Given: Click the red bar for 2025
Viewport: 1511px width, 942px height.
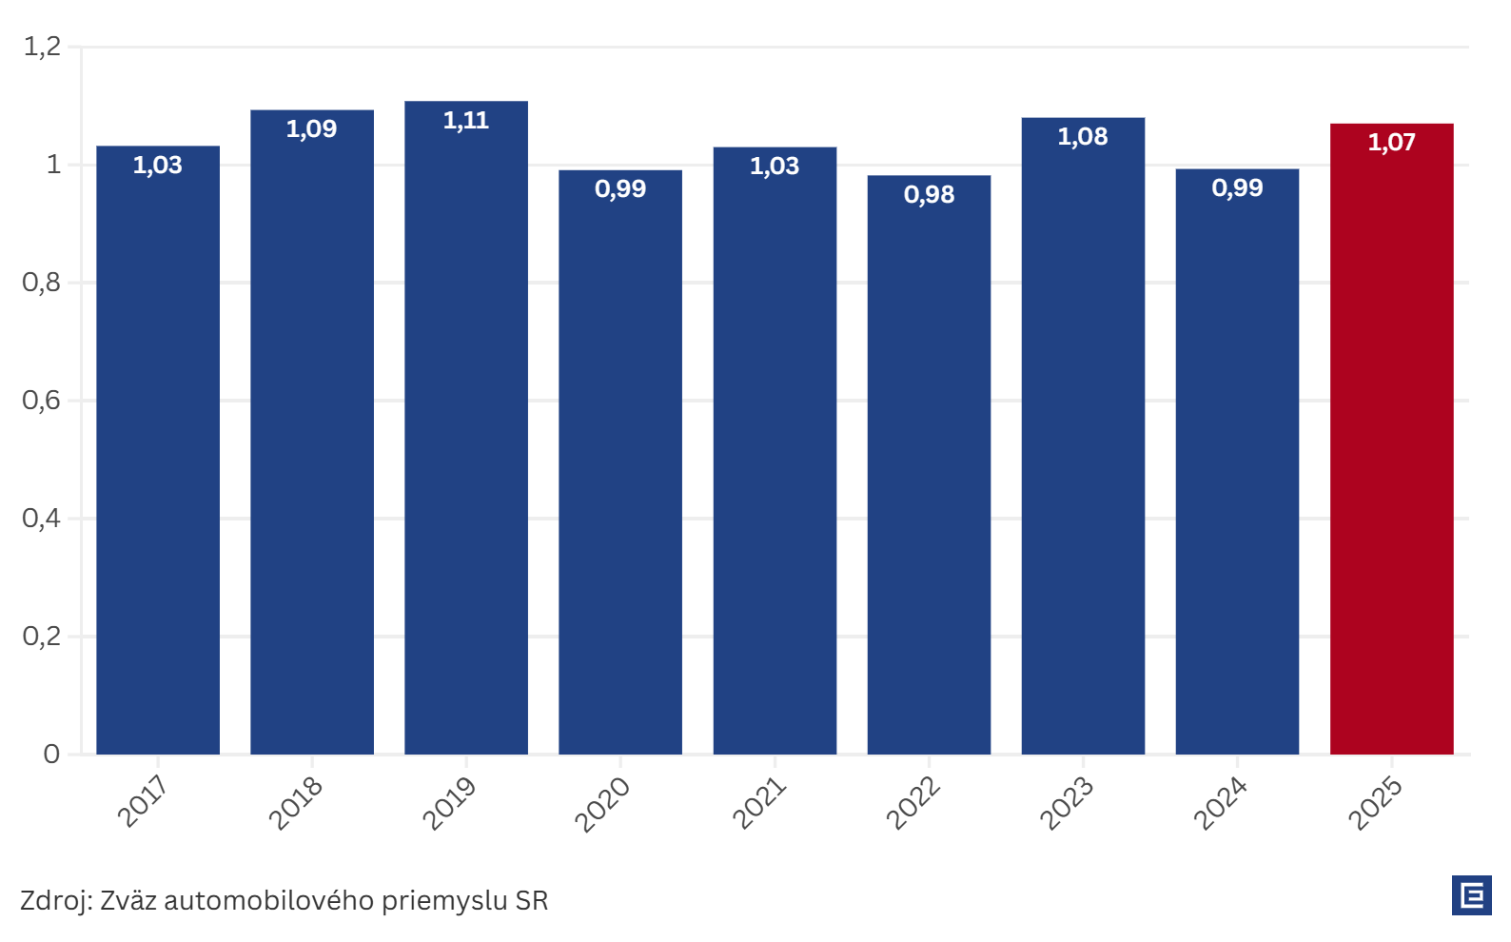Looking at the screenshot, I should click(1391, 447).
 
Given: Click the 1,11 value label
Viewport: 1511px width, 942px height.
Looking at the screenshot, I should click(466, 121).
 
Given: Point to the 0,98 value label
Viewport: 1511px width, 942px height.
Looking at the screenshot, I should click(929, 195).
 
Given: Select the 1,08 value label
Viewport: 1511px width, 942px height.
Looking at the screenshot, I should click(1083, 137).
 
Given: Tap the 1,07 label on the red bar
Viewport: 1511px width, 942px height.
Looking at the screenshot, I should click(1391, 143).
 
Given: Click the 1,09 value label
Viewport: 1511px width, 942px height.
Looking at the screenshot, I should click(312, 129).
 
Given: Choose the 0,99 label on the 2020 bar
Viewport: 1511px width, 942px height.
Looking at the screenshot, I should click(620, 189).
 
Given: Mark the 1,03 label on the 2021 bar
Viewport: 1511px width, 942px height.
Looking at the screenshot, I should click(775, 167).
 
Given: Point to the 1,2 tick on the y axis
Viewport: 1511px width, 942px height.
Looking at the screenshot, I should click(42, 46).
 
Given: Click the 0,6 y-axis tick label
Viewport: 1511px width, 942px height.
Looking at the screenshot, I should click(42, 400).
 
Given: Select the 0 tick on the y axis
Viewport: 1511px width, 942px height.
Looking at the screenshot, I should click(51, 754).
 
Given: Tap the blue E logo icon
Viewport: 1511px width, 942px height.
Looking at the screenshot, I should click(1472, 895).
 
